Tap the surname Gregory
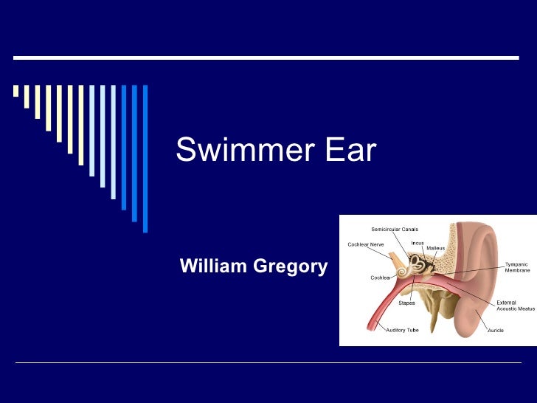coord(290,266)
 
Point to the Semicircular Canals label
coord(395,230)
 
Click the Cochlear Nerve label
coord(365,245)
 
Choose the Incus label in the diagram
coord(418,243)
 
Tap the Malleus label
coord(435,248)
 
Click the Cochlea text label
coord(380,278)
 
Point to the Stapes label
coord(406,303)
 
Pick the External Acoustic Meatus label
coord(515,306)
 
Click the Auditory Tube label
coord(402,330)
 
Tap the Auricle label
coord(496,330)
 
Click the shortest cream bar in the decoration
coord(15,91)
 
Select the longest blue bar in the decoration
coord(145,159)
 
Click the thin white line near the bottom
coord(268,363)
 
